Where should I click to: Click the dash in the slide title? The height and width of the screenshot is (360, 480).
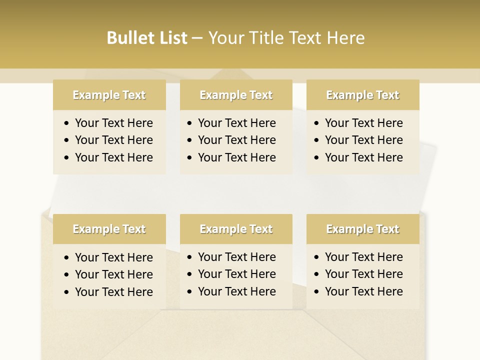[197, 38]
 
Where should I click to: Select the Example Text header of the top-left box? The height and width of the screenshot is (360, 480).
[109, 95]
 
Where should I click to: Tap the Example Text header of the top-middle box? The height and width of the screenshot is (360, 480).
[236, 95]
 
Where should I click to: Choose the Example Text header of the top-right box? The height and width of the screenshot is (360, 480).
[362, 95]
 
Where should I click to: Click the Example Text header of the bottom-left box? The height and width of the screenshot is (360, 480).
[109, 229]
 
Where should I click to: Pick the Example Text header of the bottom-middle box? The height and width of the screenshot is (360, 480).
[236, 229]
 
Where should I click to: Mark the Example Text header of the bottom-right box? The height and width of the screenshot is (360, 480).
[362, 229]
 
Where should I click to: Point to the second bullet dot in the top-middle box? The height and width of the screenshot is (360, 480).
[189, 140]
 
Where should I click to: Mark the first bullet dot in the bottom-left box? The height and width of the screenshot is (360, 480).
[66, 258]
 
